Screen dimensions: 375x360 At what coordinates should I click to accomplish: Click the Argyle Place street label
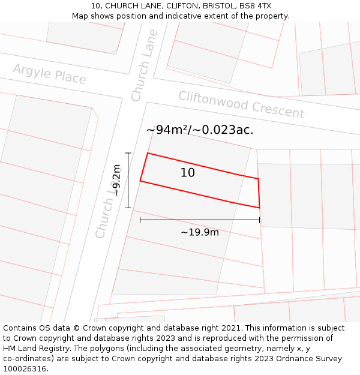(49, 74)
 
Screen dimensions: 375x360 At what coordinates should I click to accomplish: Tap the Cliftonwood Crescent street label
(241, 104)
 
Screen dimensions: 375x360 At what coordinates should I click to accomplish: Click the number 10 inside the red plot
(188, 173)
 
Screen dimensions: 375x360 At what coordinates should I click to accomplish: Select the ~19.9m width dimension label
(200, 232)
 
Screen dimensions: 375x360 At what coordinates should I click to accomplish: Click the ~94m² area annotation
(166, 130)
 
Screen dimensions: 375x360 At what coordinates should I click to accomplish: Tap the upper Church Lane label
(145, 65)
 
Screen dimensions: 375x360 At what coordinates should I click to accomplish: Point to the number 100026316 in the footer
(25, 368)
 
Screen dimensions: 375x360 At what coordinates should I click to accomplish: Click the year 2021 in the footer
(231, 328)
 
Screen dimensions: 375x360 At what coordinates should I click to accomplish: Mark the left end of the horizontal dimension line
(140, 220)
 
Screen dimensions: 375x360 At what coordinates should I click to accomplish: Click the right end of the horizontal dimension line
(259, 220)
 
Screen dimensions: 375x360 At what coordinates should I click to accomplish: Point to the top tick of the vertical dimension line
(128, 153)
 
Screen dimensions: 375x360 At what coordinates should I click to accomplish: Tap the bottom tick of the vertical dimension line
(128, 208)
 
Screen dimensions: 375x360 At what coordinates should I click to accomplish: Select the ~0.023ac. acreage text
(223, 130)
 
